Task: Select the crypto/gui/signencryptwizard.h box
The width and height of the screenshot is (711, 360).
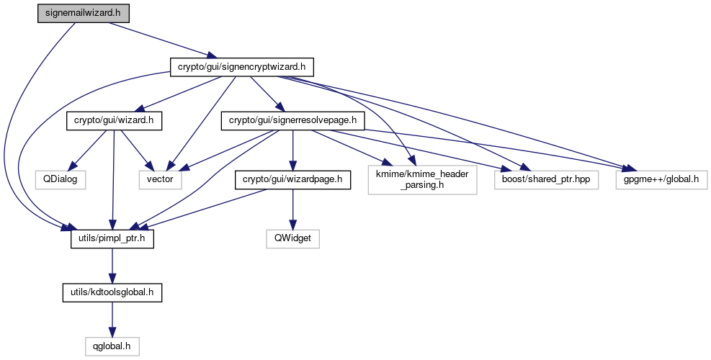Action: pos(241,67)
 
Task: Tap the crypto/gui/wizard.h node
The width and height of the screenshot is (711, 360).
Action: pos(113,120)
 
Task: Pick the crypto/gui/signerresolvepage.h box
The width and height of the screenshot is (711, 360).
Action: pos(293,120)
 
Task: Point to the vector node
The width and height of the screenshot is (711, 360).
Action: pos(160,178)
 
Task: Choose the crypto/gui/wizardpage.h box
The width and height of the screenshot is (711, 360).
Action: pos(291,178)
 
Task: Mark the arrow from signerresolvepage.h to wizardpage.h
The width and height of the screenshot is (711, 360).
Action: pos(292,149)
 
